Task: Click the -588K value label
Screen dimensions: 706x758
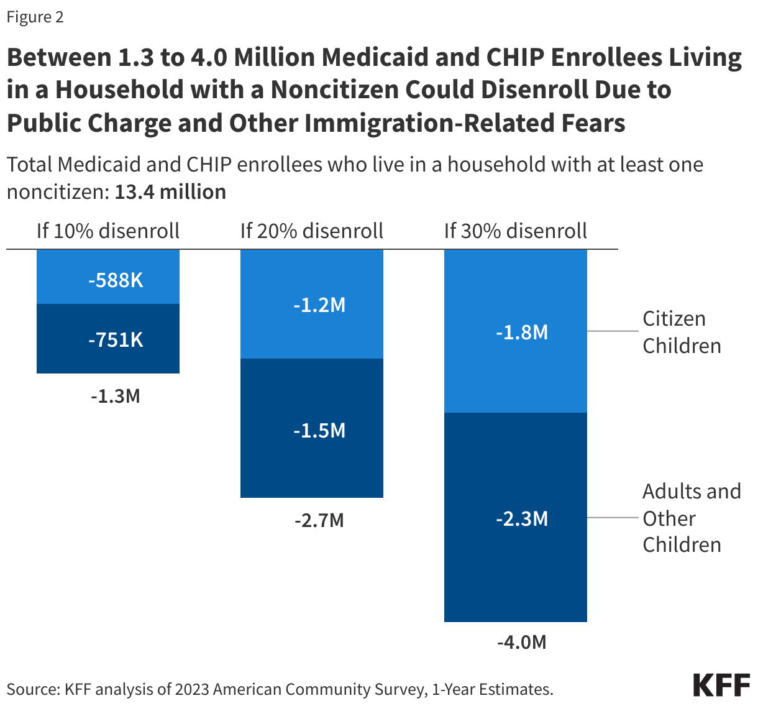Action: pyautogui.click(x=116, y=280)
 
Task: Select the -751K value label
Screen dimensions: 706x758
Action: pyautogui.click(x=116, y=340)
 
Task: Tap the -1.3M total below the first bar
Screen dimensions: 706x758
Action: pyautogui.click(x=116, y=396)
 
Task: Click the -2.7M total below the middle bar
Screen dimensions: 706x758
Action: pyautogui.click(x=319, y=520)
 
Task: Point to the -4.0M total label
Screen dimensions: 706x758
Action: pyautogui.click(x=521, y=642)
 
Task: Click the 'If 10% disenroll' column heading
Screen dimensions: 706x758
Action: pyautogui.click(x=108, y=231)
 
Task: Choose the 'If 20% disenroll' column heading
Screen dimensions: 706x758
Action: pyautogui.click(x=312, y=231)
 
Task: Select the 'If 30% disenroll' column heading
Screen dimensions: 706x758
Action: pyautogui.click(x=516, y=231)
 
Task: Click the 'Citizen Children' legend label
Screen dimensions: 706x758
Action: pyautogui.click(x=682, y=332)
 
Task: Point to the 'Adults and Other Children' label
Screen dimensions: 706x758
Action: pyautogui.click(x=691, y=518)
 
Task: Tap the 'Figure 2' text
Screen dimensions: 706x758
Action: pyautogui.click(x=35, y=17)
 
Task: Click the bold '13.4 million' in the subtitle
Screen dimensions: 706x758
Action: pyautogui.click(x=170, y=192)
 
